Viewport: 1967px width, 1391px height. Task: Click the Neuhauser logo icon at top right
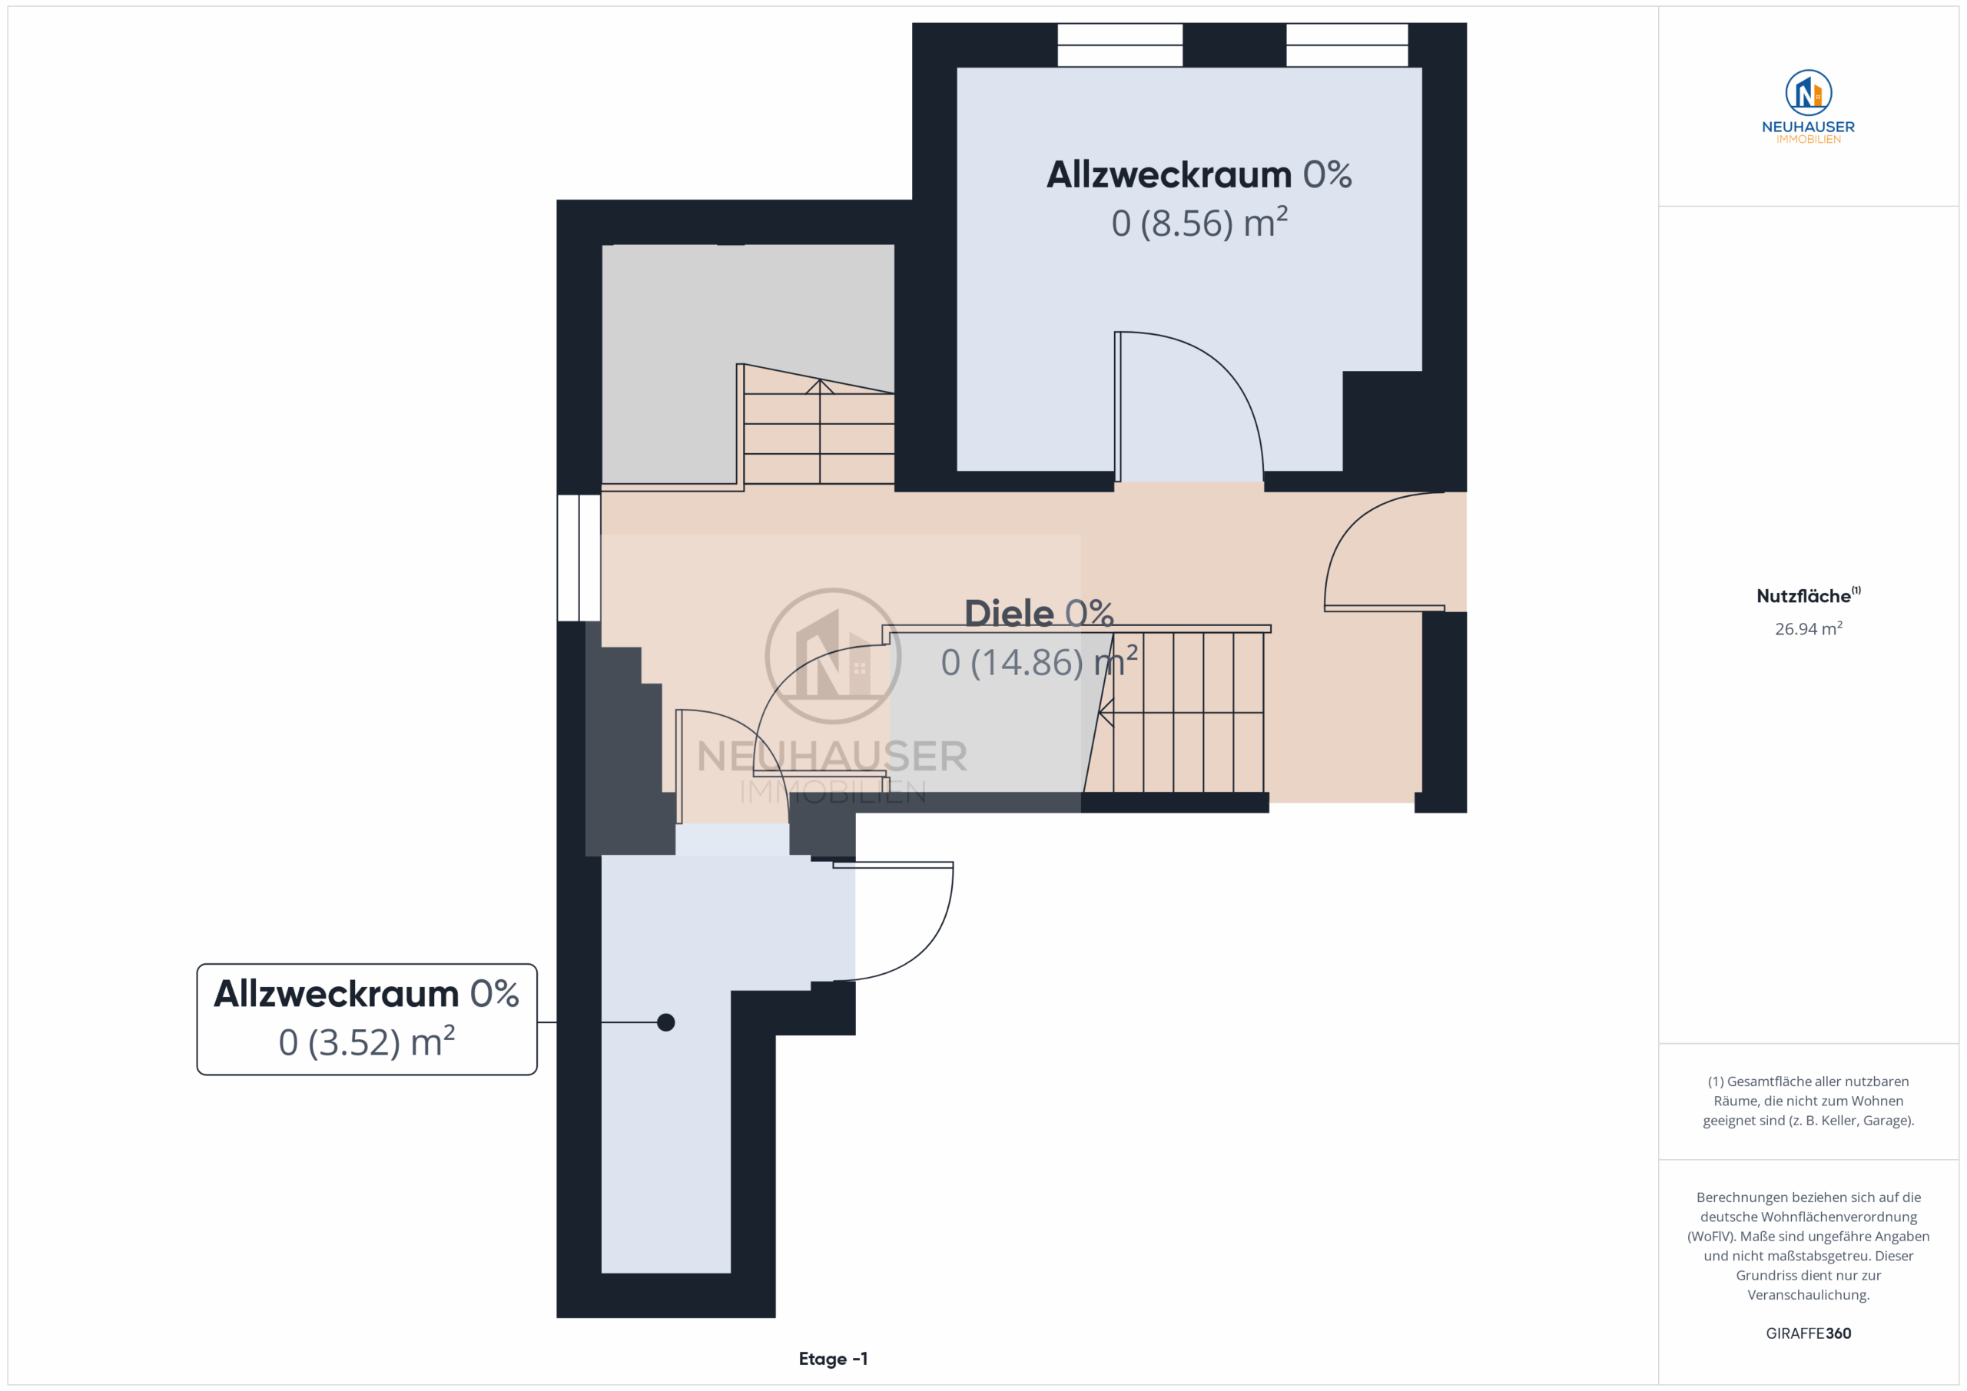tap(1809, 92)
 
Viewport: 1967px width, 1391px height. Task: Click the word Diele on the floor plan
tap(1009, 613)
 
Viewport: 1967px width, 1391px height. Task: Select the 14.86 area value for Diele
tap(1027, 662)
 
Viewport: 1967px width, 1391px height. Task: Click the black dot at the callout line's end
tap(665, 1022)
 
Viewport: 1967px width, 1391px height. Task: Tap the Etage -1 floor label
tap(833, 1359)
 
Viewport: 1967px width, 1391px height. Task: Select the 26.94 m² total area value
tap(1809, 629)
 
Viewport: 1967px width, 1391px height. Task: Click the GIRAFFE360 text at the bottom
tap(1809, 1333)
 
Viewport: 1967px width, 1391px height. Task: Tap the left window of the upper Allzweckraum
tap(1119, 45)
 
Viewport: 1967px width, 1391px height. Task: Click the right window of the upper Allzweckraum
tap(1347, 45)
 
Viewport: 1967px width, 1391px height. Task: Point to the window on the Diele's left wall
tap(579, 558)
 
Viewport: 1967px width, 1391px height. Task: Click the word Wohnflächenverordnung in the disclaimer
tap(1809, 1217)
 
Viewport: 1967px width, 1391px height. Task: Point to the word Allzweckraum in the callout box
tap(336, 994)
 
